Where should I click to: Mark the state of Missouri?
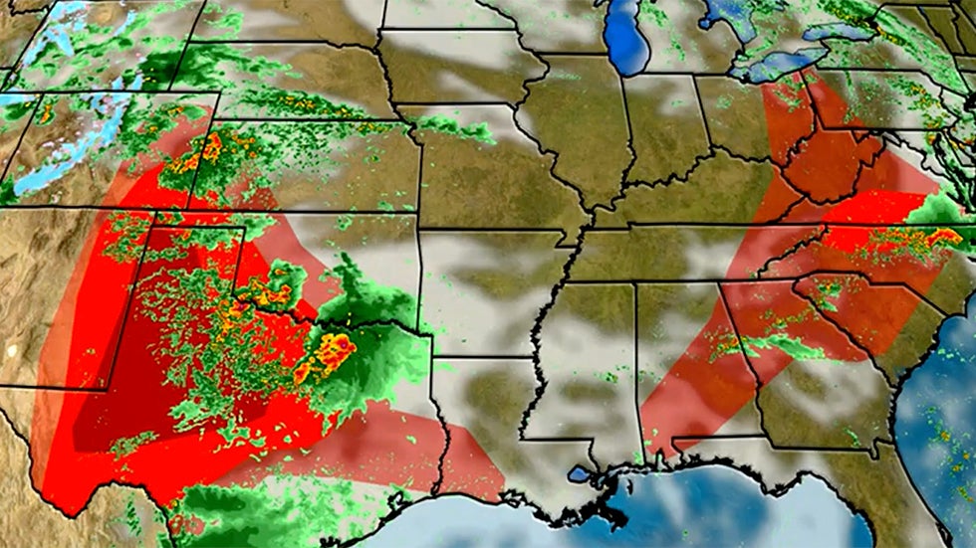point(488,169)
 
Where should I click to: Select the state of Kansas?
point(319,169)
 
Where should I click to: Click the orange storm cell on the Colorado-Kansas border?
point(209,149)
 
